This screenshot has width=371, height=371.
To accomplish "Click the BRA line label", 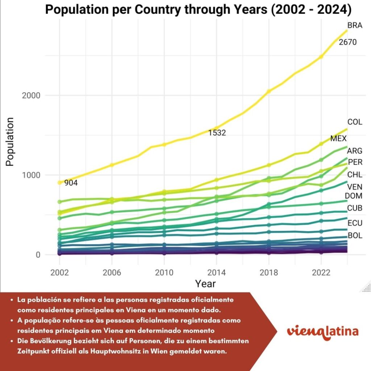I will pos(355,25).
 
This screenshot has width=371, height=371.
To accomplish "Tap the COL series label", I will pos(355,122).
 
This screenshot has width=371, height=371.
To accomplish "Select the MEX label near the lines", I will pos(338,139).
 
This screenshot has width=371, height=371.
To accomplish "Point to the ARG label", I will pos(354,151).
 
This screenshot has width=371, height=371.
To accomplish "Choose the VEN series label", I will pos(354,187).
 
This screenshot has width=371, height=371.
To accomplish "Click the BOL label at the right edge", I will pos(355,236).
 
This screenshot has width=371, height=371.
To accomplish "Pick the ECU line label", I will pos(354,223).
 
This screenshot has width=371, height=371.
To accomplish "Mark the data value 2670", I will pos(347,42).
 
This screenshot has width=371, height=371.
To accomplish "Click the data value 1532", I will pos(217,133).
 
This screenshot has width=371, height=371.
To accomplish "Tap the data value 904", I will pos(71,183).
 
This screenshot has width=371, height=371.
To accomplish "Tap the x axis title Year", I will pos(205,283).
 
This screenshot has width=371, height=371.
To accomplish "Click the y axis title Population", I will pos(10,141).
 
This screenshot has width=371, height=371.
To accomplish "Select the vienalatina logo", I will pos(322,332).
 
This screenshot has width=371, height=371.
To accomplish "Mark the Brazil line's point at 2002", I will pos(60,183).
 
